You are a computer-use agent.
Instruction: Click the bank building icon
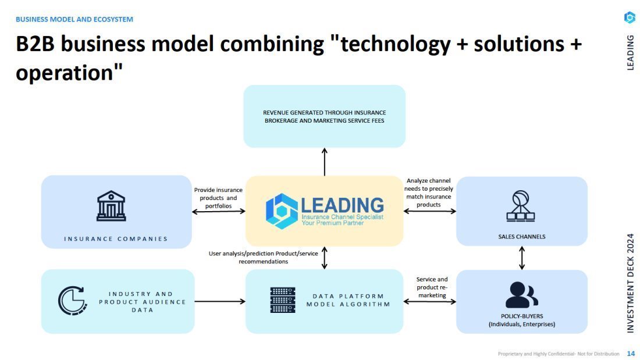(x=111, y=206)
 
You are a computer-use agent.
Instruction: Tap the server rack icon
(x=283, y=300)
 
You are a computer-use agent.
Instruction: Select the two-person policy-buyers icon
(x=521, y=295)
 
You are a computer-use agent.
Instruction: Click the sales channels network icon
(x=521, y=206)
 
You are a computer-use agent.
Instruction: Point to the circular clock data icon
(x=73, y=301)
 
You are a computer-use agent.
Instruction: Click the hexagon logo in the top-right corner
(x=630, y=18)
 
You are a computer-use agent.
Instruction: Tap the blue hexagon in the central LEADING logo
(x=282, y=211)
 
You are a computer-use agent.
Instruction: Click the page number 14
(x=631, y=354)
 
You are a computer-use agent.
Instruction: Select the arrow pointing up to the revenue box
(x=324, y=161)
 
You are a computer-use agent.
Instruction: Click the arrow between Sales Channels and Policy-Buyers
(x=521, y=258)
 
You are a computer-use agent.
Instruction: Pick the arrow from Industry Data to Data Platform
(x=220, y=301)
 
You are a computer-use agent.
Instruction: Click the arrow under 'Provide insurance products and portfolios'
(x=219, y=211)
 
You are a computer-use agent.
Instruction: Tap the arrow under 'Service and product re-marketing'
(x=429, y=301)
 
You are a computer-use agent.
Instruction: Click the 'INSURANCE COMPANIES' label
(x=116, y=238)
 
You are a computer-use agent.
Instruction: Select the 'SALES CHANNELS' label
(x=521, y=237)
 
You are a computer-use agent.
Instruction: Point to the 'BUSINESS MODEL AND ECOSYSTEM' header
(x=74, y=19)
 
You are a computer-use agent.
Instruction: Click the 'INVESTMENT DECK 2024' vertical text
(x=630, y=283)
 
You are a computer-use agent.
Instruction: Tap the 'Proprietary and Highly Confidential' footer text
(x=559, y=354)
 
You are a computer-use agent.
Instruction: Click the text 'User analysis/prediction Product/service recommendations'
(x=264, y=257)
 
